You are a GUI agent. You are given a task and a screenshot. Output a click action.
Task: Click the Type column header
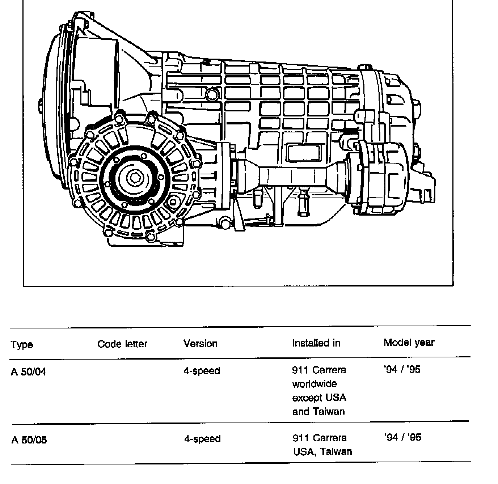click(x=22, y=344)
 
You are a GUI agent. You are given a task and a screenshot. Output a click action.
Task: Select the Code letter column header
click(x=122, y=344)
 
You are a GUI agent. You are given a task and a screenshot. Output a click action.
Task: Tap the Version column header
click(x=200, y=343)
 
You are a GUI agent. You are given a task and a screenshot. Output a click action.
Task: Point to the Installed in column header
click(x=316, y=343)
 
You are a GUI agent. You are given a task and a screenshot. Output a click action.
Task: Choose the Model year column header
click(x=409, y=342)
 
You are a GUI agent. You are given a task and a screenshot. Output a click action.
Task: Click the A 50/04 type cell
click(x=28, y=372)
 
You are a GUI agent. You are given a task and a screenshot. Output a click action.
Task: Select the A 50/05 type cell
click(x=29, y=440)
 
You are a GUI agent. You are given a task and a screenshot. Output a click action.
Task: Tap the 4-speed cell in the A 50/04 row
click(x=202, y=371)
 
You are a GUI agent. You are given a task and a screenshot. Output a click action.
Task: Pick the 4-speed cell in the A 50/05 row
click(x=202, y=439)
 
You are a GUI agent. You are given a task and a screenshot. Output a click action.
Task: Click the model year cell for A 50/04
click(x=402, y=370)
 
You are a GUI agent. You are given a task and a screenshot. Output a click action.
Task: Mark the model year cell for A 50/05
click(x=403, y=437)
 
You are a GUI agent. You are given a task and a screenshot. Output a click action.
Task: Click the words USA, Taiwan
click(x=322, y=451)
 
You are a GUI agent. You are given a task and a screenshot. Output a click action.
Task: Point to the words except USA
click(x=319, y=398)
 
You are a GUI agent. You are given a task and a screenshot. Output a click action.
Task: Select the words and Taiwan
click(x=318, y=411)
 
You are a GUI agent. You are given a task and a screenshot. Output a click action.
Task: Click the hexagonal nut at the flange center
click(x=135, y=178)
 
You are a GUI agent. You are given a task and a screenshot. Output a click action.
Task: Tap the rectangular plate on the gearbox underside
click(x=303, y=153)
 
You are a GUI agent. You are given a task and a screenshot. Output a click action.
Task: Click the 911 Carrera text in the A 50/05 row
click(x=320, y=438)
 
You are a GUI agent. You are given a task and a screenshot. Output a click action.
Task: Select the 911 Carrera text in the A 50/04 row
click(x=319, y=370)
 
